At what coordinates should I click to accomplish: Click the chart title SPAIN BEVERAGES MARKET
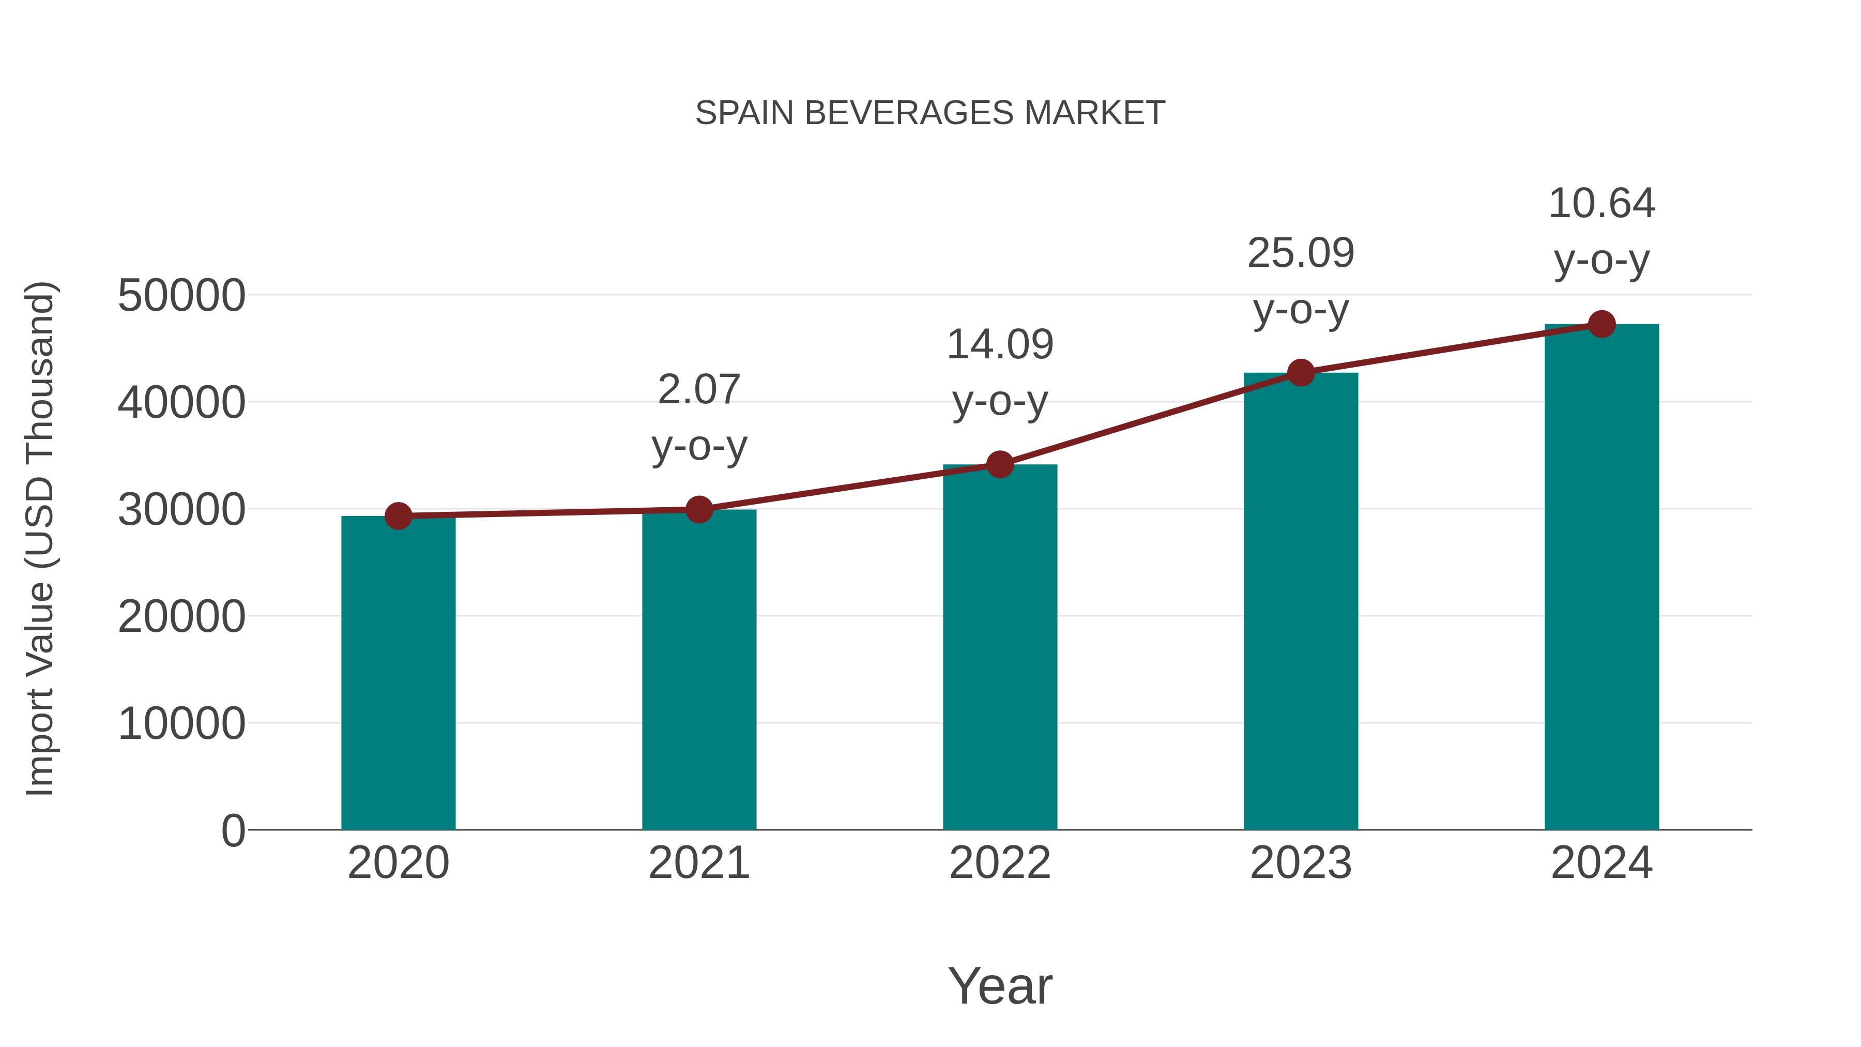(930, 113)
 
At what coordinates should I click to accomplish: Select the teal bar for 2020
(398, 672)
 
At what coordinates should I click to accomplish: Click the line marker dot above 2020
(398, 516)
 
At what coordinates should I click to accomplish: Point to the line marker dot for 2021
(698, 509)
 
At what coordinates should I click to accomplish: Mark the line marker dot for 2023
(1301, 373)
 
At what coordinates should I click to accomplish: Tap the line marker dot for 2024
(1601, 324)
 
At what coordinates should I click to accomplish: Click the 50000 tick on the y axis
(181, 296)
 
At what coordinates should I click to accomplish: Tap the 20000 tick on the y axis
(181, 616)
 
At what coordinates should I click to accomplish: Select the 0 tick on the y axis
(233, 830)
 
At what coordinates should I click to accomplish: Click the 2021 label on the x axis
(698, 863)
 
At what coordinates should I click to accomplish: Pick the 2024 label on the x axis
(1601, 863)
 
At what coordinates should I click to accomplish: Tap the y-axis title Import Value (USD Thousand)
(40, 538)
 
